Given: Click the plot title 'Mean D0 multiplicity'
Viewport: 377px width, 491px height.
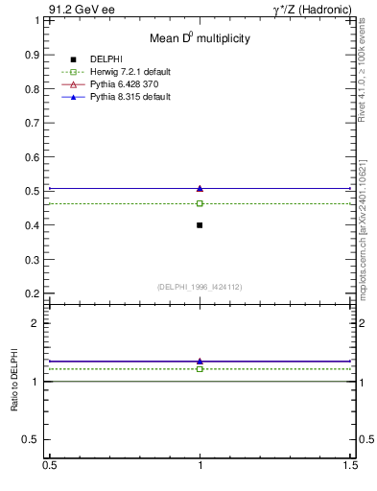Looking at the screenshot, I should coord(200,38).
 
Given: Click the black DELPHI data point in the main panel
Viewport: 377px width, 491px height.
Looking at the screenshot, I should coord(200,224).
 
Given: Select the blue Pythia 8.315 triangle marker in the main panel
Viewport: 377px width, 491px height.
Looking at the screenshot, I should coord(200,188).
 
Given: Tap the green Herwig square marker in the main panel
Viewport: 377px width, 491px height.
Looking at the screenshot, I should coord(200,203).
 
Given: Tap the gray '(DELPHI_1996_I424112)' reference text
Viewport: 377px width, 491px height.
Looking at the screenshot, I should coord(200,286).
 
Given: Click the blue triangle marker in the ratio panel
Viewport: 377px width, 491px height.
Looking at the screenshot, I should coord(200,361).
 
